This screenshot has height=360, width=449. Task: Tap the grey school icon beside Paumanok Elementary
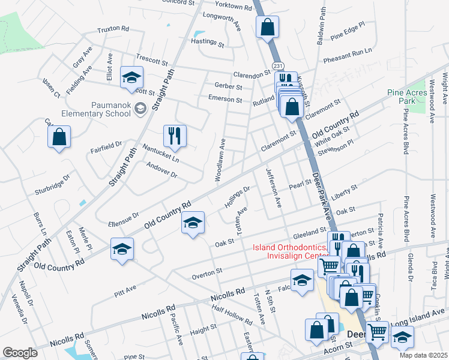click(140, 109)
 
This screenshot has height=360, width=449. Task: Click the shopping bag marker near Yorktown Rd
click(267, 28)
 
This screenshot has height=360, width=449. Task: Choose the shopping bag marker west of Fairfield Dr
click(59, 137)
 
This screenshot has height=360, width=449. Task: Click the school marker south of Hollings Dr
click(193, 223)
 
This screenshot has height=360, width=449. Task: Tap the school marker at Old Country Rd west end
click(122, 249)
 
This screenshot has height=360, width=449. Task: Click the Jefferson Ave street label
click(274, 188)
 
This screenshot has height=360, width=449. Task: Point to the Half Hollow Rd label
click(232, 315)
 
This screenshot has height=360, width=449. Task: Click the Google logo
click(20, 353)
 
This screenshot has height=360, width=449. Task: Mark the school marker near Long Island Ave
click(402, 337)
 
